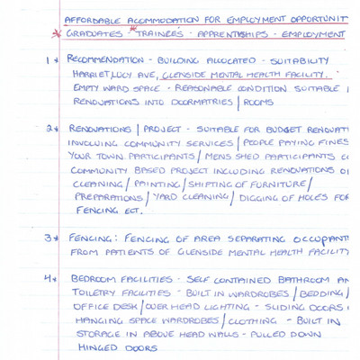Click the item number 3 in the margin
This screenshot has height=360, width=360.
pyautogui.click(x=49, y=239)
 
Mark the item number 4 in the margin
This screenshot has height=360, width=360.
pyautogui.click(x=49, y=279)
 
